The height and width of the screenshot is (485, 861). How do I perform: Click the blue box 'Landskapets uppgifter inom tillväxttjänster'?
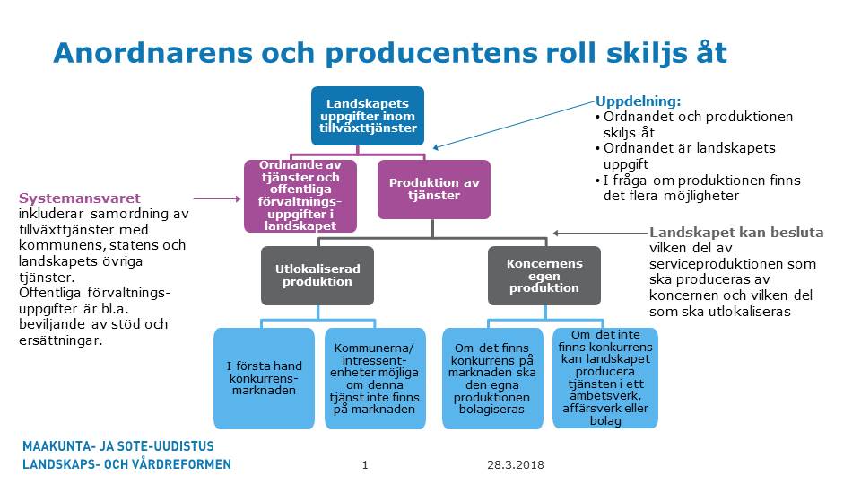367,116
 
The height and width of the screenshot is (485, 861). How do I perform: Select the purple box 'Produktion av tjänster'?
434,190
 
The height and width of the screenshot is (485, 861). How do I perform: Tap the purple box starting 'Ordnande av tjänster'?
300,195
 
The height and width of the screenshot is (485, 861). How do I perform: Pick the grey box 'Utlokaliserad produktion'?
306,275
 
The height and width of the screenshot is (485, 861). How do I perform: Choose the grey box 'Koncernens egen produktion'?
544,275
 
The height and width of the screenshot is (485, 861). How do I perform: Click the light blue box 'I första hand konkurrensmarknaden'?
264,378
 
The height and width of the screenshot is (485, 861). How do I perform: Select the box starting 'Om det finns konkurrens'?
492,378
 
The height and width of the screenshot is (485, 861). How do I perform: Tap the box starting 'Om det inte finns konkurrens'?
604,377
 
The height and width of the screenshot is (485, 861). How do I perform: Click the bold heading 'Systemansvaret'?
80,198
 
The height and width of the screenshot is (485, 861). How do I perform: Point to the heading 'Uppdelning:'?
639,101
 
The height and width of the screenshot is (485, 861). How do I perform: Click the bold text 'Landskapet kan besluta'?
735,232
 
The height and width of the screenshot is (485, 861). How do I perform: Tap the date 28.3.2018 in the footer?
516,465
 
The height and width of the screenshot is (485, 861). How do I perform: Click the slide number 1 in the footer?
365,465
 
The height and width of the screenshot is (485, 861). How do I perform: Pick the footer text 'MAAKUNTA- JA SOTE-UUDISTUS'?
118,445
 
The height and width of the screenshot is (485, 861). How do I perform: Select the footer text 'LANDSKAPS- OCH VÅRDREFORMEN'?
126,464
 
